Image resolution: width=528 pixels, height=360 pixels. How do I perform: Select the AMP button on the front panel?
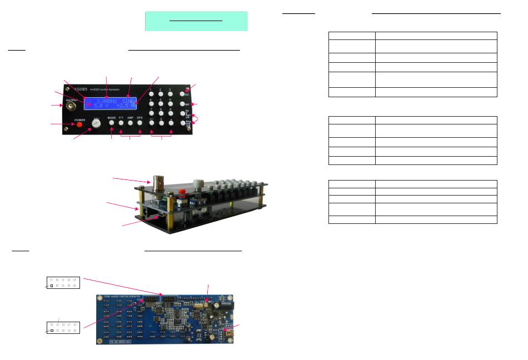pos(130,125)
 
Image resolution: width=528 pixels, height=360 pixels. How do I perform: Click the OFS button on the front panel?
pos(140,125)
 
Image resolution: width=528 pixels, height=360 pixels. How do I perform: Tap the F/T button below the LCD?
pos(121,125)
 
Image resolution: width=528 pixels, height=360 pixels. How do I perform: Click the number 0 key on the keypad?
pos(161,124)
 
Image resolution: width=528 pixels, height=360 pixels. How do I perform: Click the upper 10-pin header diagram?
pos(63,282)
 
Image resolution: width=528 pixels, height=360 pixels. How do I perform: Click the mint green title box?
pos(196,21)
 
